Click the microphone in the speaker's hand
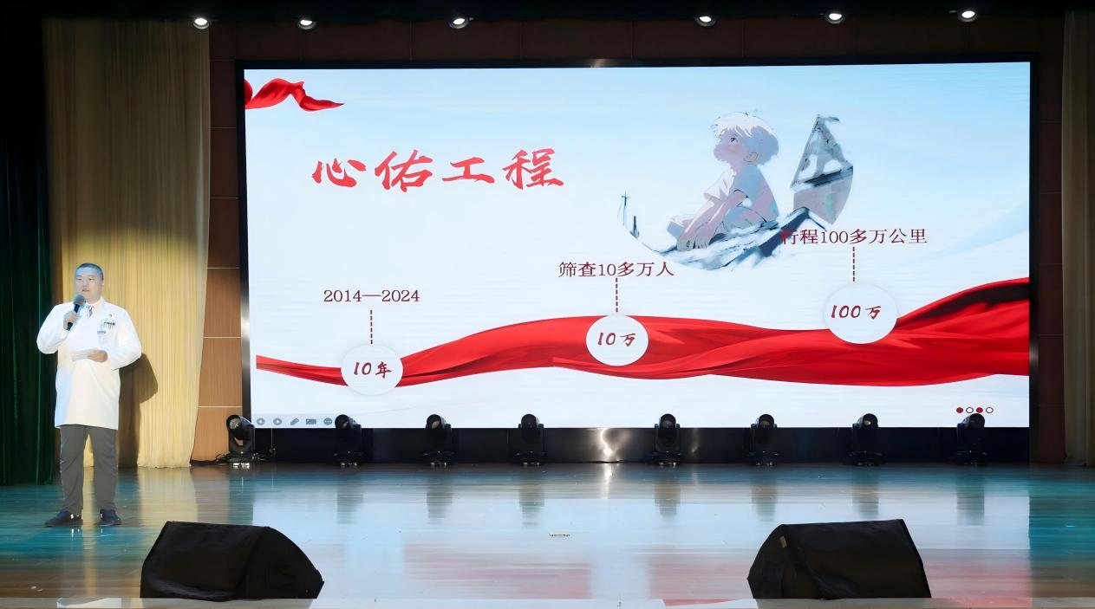[x=77, y=308]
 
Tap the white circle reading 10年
[x=372, y=369]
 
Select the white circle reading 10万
[x=617, y=340]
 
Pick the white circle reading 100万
[x=860, y=313]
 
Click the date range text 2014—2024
[x=372, y=296]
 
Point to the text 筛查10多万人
[x=616, y=269]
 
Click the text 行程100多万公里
[x=853, y=236]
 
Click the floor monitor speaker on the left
[x=231, y=560]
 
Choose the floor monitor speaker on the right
[x=838, y=559]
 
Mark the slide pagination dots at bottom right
[x=974, y=411]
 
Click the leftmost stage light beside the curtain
[x=240, y=436]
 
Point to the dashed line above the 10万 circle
[x=616, y=295]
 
